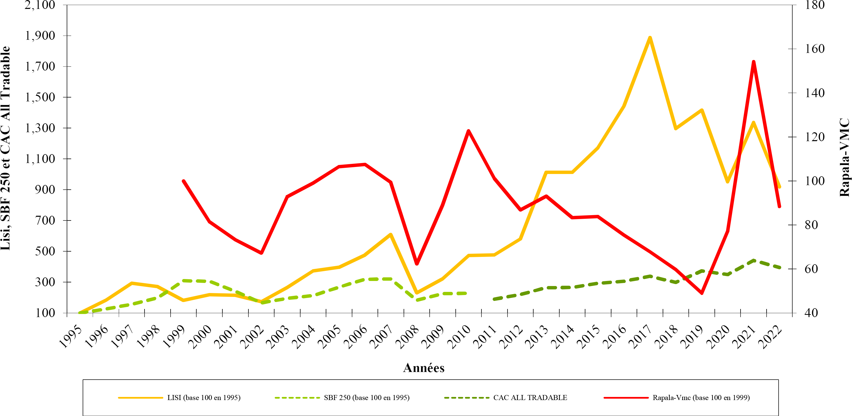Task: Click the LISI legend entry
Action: [x=203, y=398]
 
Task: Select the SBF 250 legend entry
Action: [x=366, y=398]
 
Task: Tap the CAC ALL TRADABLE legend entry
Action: [x=530, y=398]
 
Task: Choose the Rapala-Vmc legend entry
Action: [x=700, y=398]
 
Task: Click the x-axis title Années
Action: [x=424, y=368]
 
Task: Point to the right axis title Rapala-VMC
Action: [x=844, y=157]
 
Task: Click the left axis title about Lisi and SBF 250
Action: [x=6, y=148]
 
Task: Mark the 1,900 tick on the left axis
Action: [x=40, y=36]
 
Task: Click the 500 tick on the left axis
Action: [x=45, y=251]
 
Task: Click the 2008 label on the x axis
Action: [x=408, y=337]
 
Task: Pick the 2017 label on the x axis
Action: [x=641, y=337]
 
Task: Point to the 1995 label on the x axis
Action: [x=71, y=337]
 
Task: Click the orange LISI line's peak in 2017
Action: [x=650, y=38]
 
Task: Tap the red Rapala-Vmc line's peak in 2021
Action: [x=753, y=62]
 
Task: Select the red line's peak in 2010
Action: [x=468, y=131]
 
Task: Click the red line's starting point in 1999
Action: [x=183, y=181]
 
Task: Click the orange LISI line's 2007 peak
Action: [x=391, y=234]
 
